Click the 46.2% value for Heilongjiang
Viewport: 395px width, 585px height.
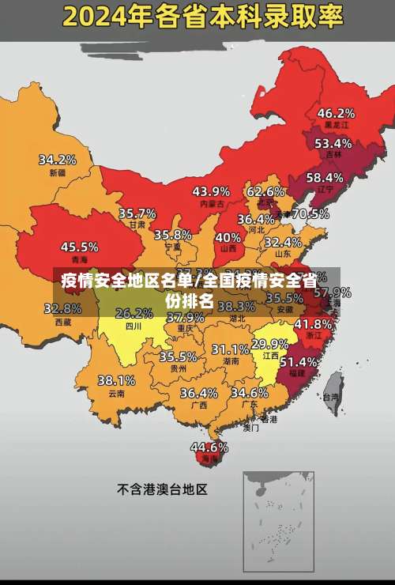click(x=336, y=113)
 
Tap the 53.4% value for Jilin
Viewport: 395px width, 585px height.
click(x=333, y=143)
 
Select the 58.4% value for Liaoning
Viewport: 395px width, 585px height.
click(x=325, y=177)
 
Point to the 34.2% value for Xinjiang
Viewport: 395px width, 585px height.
click(x=58, y=159)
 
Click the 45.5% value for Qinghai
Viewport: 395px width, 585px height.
click(x=80, y=247)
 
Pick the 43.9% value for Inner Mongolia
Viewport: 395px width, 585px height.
click(x=211, y=191)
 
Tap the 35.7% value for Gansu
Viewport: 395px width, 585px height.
click(x=137, y=213)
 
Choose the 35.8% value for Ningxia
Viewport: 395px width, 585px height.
click(x=173, y=235)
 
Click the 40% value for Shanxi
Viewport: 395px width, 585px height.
click(x=228, y=236)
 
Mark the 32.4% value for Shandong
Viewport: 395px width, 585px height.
click(x=282, y=242)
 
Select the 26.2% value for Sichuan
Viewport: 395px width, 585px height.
click(x=134, y=313)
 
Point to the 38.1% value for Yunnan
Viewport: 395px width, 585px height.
click(x=116, y=380)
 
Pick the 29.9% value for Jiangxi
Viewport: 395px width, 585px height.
click(x=269, y=344)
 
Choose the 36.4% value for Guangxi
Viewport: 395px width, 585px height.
click(x=198, y=393)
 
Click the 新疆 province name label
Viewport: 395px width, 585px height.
click(x=58, y=172)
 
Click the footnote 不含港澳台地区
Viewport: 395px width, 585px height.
click(x=162, y=489)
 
